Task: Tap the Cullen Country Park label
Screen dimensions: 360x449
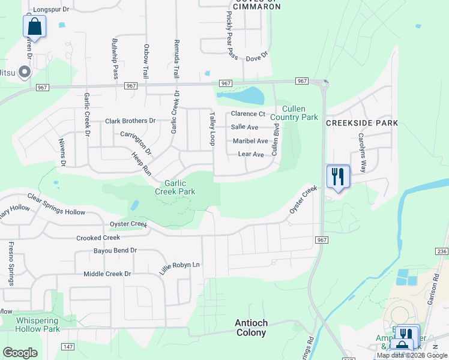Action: click(x=294, y=113)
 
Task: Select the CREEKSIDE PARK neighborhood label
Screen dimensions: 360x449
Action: click(x=362, y=123)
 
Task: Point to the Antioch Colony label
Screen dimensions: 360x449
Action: click(x=251, y=328)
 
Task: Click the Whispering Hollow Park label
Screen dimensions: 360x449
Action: click(x=37, y=325)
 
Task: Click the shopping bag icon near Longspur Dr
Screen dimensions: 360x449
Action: click(x=34, y=26)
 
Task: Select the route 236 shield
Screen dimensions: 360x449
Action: click(x=442, y=251)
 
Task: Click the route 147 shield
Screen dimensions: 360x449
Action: click(x=68, y=347)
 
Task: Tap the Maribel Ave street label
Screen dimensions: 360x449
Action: click(x=250, y=141)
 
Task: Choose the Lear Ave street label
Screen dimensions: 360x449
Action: click(x=251, y=154)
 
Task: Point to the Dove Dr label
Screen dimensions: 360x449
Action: click(x=256, y=57)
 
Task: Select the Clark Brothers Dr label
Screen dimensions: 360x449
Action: click(x=130, y=121)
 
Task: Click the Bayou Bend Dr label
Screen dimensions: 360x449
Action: click(x=115, y=250)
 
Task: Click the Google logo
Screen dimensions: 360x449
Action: click(x=20, y=353)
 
